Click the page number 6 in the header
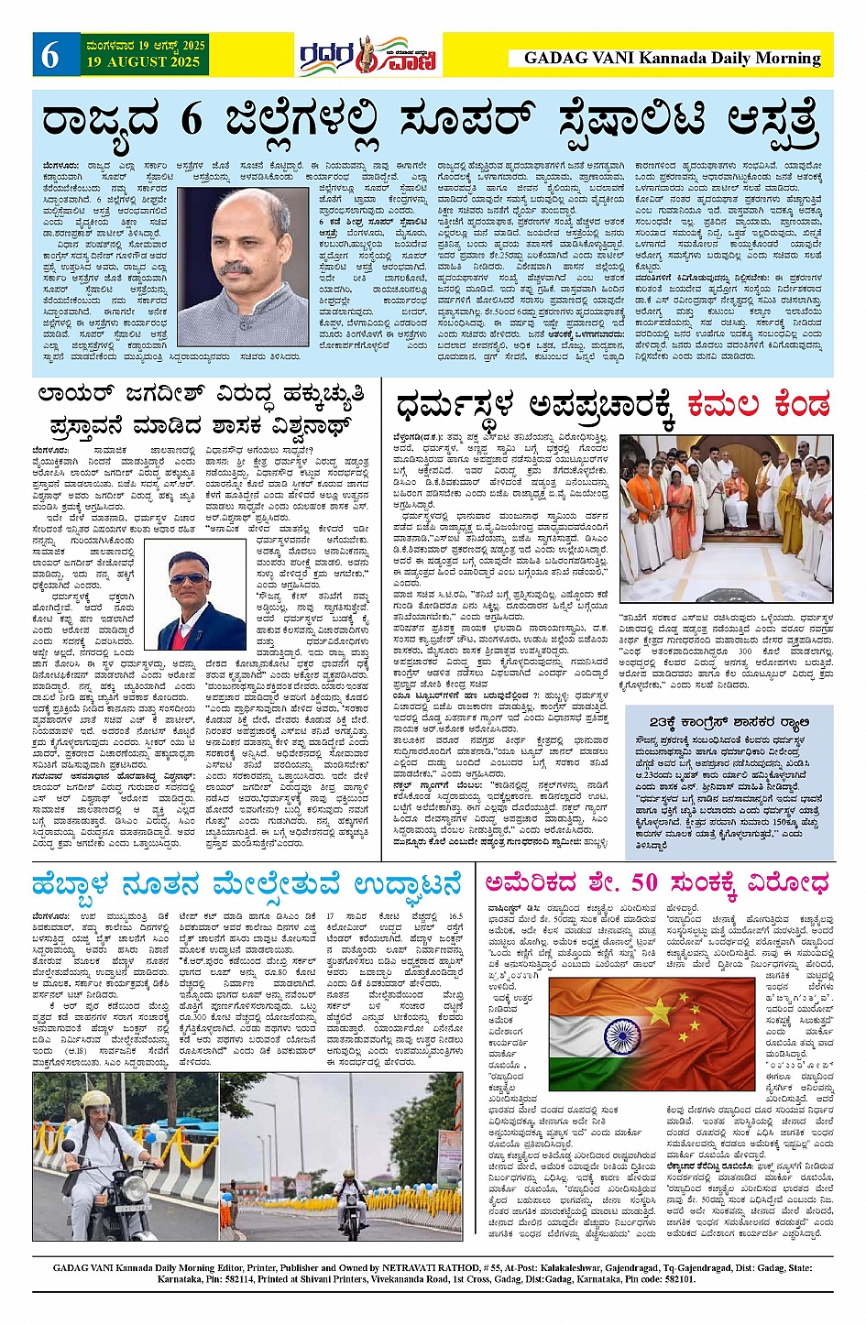tap(49, 56)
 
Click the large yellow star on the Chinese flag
tap(660, 1011)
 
